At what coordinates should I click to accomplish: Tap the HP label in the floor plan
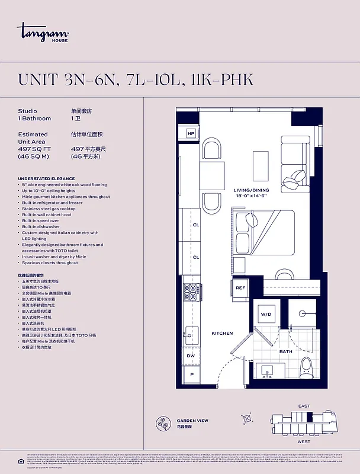(x=191, y=134)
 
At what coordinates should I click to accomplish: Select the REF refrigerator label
(x=240, y=288)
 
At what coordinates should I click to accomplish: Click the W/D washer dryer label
(x=266, y=314)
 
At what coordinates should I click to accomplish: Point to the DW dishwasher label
(x=191, y=356)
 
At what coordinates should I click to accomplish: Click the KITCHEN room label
(x=222, y=333)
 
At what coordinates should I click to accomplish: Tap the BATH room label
(x=286, y=351)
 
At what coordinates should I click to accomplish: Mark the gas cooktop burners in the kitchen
(x=192, y=291)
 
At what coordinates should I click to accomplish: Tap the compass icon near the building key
(x=247, y=418)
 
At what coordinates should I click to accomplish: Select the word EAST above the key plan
(x=303, y=406)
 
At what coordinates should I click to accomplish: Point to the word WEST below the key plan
(x=303, y=441)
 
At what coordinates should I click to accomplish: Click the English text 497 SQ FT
(x=34, y=149)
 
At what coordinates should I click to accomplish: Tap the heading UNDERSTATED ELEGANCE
(x=46, y=178)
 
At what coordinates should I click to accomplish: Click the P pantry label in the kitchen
(x=191, y=375)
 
